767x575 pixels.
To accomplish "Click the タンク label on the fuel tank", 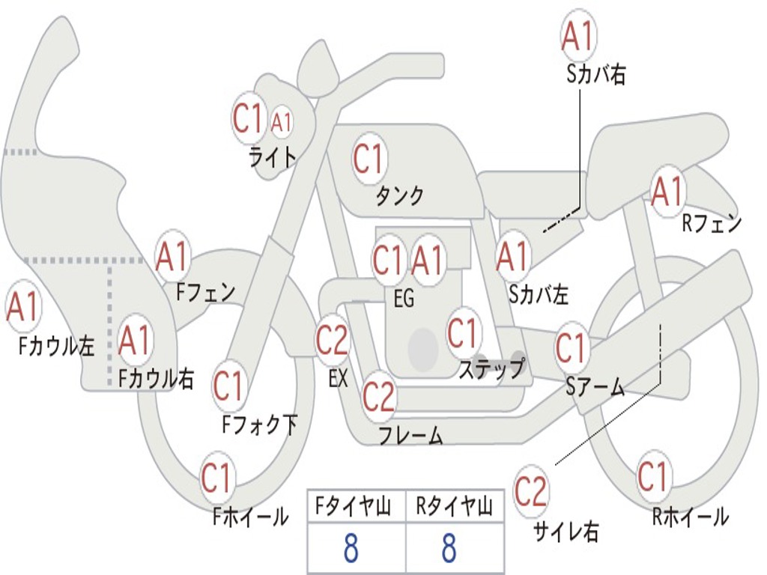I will pos(399,196).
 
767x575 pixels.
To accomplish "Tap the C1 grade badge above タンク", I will pos(368,159).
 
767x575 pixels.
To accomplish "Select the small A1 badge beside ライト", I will pos(282,122).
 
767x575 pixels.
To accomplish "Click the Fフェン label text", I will pos(205,292).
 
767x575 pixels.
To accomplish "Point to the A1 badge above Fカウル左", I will pos(22,307).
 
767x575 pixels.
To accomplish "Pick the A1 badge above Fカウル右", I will pos(135,341).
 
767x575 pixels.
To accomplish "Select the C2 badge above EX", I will pos(332,341).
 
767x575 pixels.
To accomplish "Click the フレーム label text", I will pos(410,435).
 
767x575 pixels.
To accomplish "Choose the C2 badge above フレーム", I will pos(378,396).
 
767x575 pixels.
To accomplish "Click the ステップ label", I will pos(491,369).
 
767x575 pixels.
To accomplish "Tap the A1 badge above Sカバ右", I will pos(578,36).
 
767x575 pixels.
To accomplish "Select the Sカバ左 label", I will pos(539,294).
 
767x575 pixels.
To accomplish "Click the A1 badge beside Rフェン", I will pos(667,192).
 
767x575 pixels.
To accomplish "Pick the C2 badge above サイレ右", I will pos(531,491).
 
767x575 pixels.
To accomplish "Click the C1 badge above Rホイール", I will pos(652,476).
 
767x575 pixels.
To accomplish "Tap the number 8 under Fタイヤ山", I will pos(351,549).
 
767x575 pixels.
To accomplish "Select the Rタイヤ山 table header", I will pos(455,509).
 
